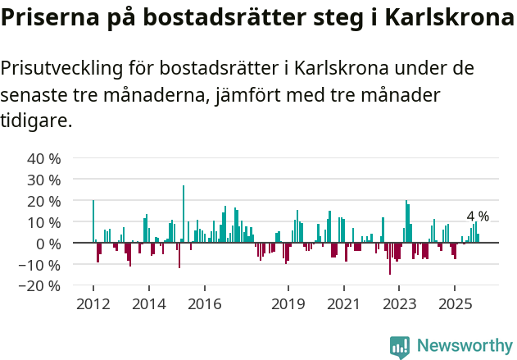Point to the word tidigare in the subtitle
pyautogui.click(x=34, y=121)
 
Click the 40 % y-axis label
pyautogui.click(x=44, y=158)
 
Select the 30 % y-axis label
pyautogui.click(x=44, y=180)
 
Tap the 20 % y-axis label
pyautogui.click(x=44, y=201)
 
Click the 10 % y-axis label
pyautogui.click(x=44, y=222)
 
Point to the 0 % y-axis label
pyautogui.click(x=48, y=244)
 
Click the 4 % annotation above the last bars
pyautogui.click(x=478, y=216)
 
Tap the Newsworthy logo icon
pyautogui.click(x=400, y=346)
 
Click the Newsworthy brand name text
pyautogui.click(x=465, y=346)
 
